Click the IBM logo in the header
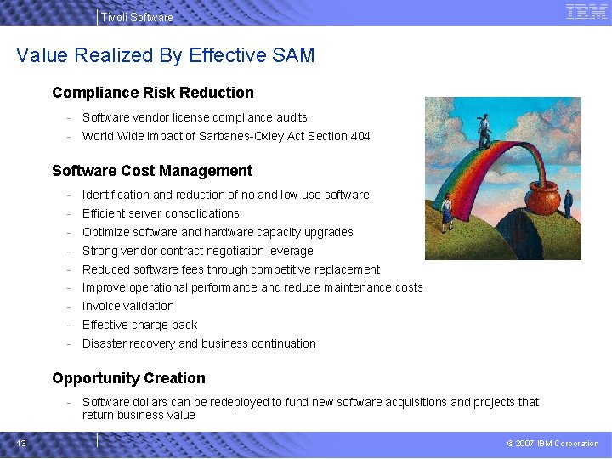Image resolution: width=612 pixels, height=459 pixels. [x=586, y=12]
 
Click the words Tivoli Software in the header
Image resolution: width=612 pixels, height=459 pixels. [x=136, y=17]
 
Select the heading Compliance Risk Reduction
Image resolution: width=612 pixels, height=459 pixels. [x=153, y=93]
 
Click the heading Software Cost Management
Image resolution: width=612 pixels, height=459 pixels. [x=152, y=171]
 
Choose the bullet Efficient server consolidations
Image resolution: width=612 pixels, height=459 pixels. [x=161, y=213]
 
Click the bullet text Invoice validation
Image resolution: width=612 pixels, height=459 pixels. [x=127, y=306]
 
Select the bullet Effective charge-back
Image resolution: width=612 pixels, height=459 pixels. [x=139, y=325]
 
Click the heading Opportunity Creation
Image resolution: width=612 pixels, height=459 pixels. [x=128, y=378]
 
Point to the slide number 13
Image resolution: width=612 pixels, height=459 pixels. [x=20, y=443]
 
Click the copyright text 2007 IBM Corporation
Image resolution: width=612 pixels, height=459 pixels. [x=557, y=444]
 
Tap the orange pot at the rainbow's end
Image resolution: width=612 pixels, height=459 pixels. [x=543, y=198]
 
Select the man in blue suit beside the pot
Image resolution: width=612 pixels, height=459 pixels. [x=568, y=202]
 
